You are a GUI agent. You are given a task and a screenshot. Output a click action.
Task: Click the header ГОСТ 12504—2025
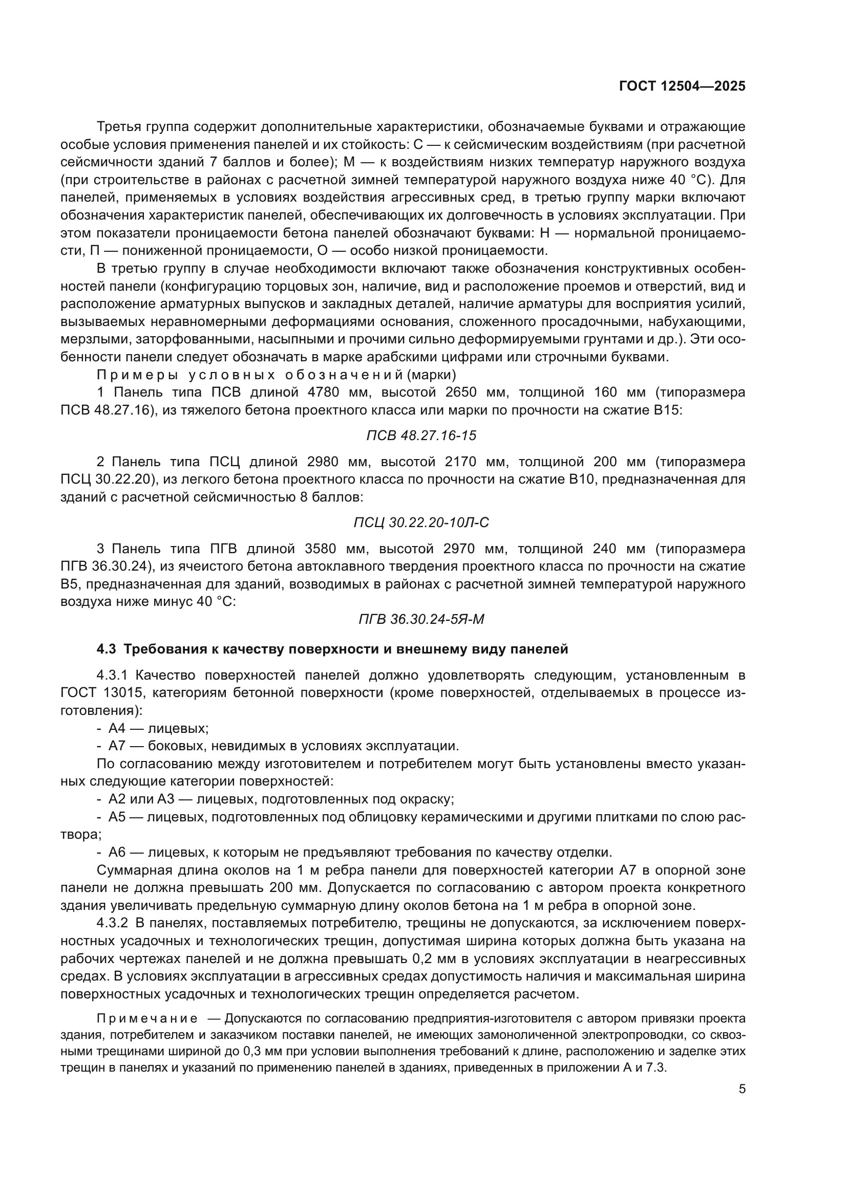pyautogui.click(x=682, y=86)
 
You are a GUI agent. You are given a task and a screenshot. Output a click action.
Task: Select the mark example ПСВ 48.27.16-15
pyautogui.click(x=421, y=436)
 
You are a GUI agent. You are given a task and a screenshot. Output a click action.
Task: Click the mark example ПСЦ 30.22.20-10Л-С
pyautogui.click(x=421, y=523)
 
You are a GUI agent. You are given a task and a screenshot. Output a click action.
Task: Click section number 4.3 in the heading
pyautogui.click(x=107, y=649)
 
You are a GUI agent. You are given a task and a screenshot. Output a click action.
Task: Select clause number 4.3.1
pyautogui.click(x=112, y=676)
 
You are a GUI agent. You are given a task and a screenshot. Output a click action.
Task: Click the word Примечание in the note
pyautogui.click(x=147, y=1019)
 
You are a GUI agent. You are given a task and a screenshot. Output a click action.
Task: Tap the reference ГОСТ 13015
pyautogui.click(x=96, y=693)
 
